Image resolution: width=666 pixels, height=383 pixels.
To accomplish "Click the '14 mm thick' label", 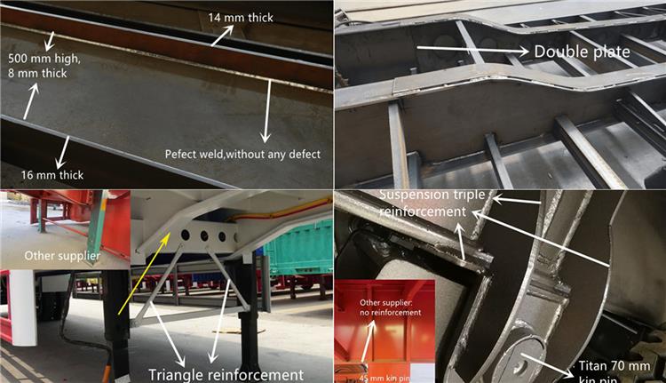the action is tap(241, 18).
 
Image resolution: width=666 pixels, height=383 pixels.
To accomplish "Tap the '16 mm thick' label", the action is tap(52, 175).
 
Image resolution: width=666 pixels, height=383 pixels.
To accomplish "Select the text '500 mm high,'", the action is tap(44, 59).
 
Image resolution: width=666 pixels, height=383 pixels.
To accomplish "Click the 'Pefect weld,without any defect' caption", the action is tap(242, 154).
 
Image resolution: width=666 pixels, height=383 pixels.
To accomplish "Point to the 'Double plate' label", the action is tap(582, 52).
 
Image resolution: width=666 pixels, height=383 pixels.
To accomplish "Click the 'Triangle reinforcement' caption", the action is tap(226, 375).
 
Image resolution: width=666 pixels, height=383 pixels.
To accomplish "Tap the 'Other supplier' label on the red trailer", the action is tap(62, 256).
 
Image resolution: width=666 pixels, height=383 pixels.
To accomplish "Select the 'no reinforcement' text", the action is tap(391, 313).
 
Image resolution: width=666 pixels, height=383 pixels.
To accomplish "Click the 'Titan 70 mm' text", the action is tap(614, 366).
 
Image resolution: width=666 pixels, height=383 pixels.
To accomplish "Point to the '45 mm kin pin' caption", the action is tap(385, 378).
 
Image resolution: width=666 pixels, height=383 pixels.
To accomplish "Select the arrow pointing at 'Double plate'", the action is tap(472, 49).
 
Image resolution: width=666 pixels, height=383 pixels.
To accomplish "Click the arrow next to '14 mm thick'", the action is tap(222, 36).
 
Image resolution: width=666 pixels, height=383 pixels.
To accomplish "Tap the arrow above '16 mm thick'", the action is tap(63, 152).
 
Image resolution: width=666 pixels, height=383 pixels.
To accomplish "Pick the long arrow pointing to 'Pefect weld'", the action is tap(267, 111).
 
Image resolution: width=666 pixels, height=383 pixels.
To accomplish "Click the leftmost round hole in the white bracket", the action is tap(186, 235).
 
